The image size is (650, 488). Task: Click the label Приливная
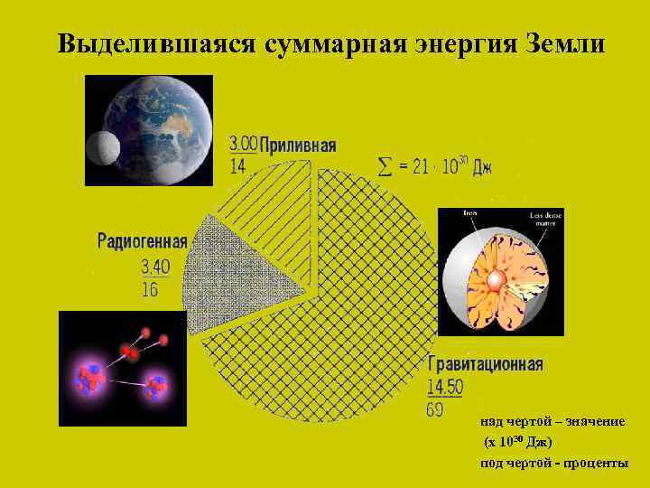tap(299, 145)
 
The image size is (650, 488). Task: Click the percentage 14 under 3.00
tap(238, 164)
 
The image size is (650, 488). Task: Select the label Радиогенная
tap(142, 241)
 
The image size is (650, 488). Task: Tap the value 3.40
tap(155, 267)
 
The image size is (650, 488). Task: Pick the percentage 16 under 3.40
tap(150, 288)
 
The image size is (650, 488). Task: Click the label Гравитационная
tap(485, 365)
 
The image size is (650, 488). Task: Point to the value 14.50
tap(446, 387)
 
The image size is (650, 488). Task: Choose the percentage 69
tap(435, 408)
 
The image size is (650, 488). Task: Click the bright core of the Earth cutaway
tap(494, 281)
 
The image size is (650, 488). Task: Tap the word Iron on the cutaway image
tap(469, 214)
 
